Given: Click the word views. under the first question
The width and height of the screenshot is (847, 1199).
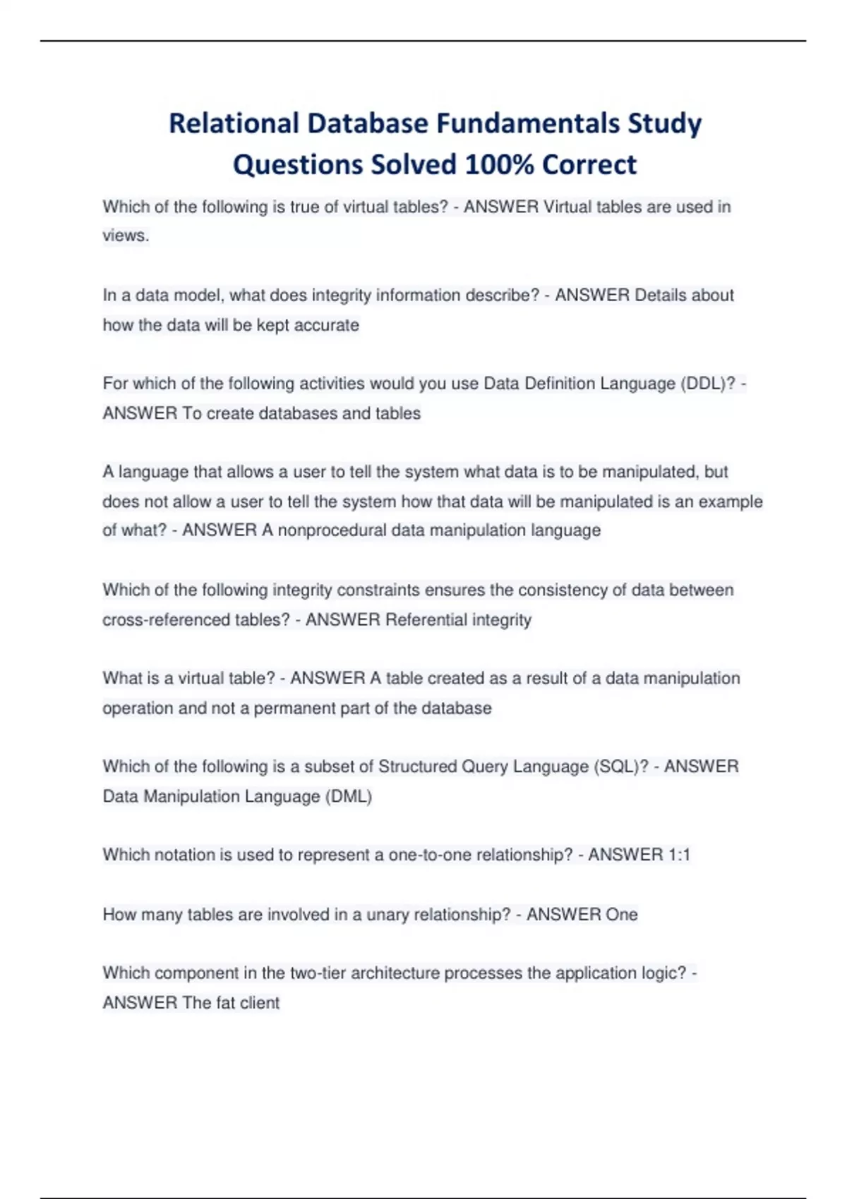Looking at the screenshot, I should tap(126, 236).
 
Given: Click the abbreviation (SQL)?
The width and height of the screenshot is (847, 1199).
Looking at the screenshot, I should tap(620, 767).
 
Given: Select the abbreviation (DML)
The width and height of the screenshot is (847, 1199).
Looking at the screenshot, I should tap(348, 797).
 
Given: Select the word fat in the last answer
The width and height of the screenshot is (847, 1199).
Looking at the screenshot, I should tap(225, 1003).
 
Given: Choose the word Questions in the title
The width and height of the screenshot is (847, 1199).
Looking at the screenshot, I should tap(299, 164).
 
